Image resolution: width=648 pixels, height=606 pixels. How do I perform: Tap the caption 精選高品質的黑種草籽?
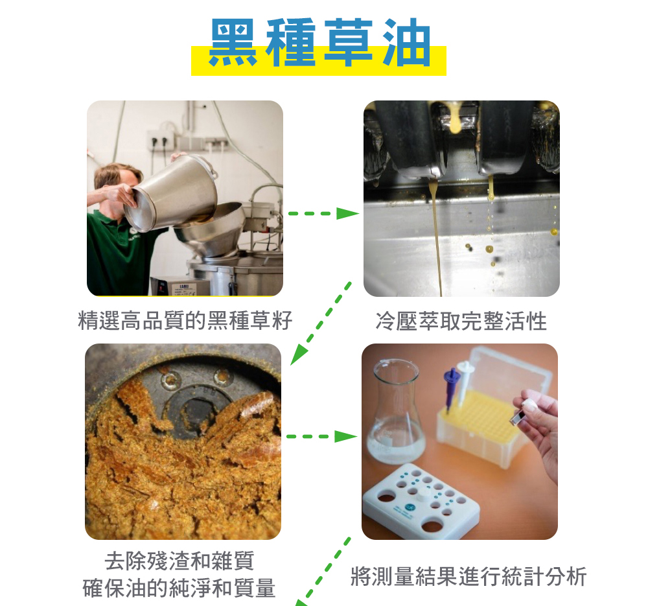(x=185, y=321)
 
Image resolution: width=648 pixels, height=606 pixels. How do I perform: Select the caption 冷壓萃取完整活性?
(x=461, y=321)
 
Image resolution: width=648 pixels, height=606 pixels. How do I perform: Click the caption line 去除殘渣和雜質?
(x=179, y=561)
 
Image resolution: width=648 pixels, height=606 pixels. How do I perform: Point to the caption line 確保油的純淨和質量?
(x=179, y=588)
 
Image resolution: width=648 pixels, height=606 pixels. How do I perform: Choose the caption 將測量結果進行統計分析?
(x=469, y=576)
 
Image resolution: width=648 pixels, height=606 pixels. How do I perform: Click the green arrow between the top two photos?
(x=323, y=213)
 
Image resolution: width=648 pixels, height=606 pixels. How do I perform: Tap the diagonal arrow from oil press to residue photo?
(x=321, y=323)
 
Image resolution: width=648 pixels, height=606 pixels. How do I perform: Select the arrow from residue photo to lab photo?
(x=322, y=437)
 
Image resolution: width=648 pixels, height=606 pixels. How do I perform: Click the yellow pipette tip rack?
(x=481, y=428)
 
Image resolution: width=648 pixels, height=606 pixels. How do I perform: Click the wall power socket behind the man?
(x=160, y=141)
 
